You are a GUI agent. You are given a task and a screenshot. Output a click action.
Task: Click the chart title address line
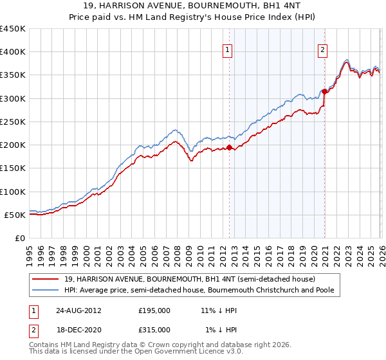(x=192, y=6)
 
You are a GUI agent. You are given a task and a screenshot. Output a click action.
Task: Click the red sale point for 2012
(x=230, y=147)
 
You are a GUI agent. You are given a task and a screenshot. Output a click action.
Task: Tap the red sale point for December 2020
(x=325, y=91)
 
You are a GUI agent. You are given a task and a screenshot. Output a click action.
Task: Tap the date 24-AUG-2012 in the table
(x=78, y=310)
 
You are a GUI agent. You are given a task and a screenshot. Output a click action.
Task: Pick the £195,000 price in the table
(x=154, y=310)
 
